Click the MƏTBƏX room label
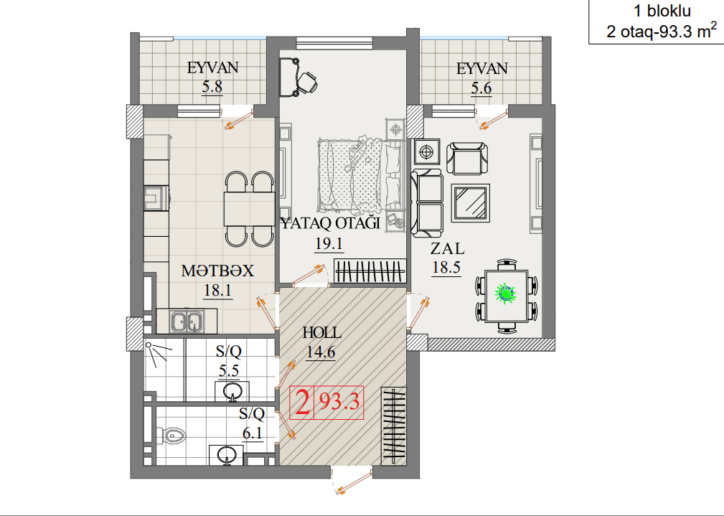(217, 271)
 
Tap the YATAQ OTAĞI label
(331, 224)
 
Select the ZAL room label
(448, 248)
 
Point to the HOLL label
(322, 332)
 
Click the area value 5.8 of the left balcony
(212, 86)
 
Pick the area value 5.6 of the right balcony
(481, 88)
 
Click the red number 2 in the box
(302, 403)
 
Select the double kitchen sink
(187, 321)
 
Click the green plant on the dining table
(505, 294)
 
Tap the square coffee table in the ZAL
(471, 202)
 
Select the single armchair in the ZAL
(467, 158)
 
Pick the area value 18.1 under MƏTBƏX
(218, 291)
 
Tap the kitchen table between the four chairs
(249, 208)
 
